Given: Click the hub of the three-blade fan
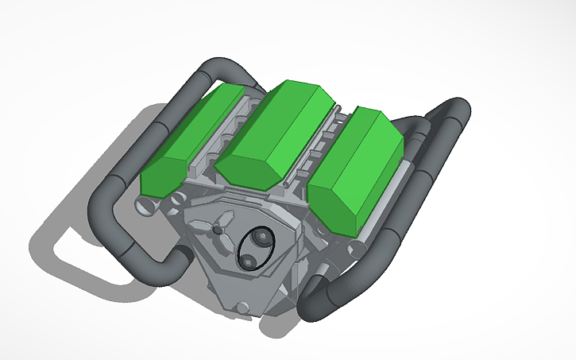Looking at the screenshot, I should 218,229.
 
